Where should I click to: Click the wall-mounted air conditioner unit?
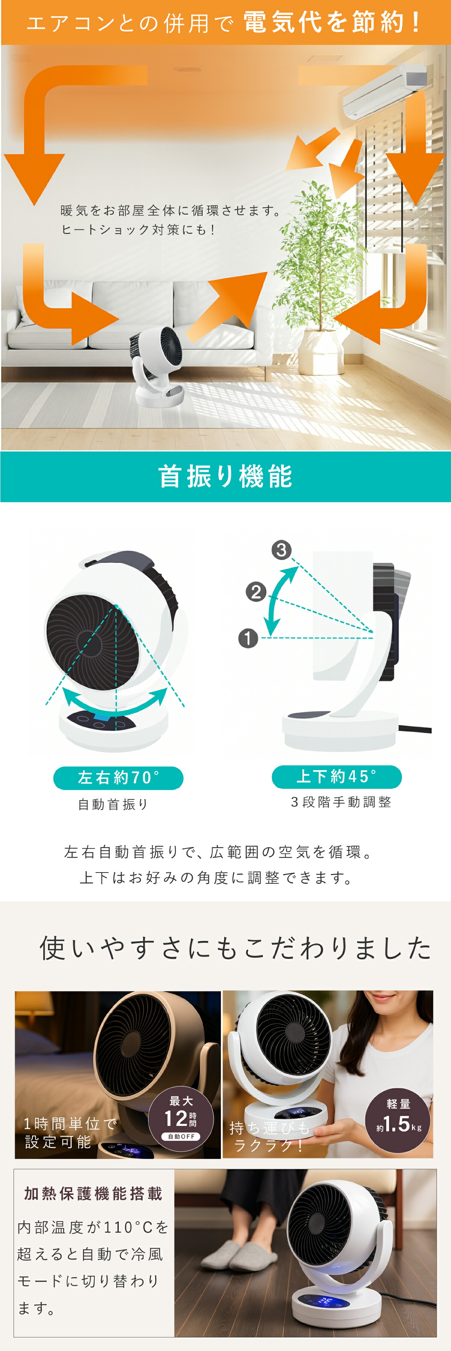coord(384,90)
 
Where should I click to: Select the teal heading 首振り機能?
coord(225,476)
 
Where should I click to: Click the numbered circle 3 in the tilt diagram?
coord(281,550)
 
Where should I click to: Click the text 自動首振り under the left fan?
coord(113,804)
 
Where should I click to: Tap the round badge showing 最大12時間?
coord(181,1119)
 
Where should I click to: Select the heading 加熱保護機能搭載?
coord(94,1194)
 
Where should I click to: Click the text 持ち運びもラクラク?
coord(269,1136)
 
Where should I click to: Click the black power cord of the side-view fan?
coord(415,729)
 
